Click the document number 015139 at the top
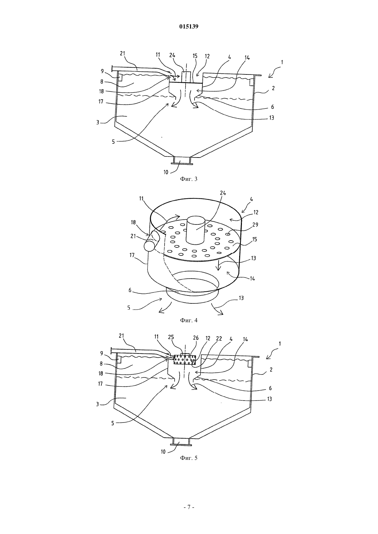tap(189, 26)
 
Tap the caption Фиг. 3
tap(189, 179)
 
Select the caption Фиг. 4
tap(189, 320)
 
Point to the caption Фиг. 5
tap(189, 458)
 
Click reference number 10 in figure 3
tap(166, 172)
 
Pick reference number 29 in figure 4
tap(255, 224)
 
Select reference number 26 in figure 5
tap(196, 338)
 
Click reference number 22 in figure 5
tap(219, 338)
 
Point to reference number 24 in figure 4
tap(223, 193)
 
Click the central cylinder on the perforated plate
tap(196, 230)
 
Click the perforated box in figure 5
tap(185, 360)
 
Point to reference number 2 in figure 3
tap(273, 88)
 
